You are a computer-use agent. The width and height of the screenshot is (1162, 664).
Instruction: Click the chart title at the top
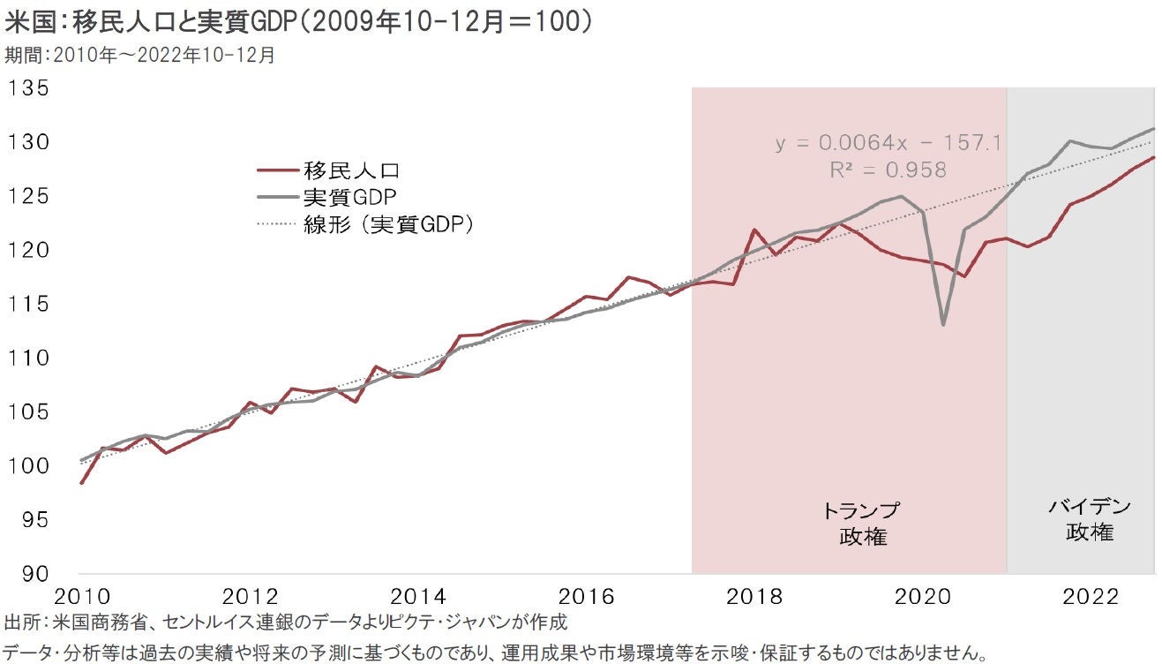point(299,21)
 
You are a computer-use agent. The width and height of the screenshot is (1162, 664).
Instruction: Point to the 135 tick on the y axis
point(29,89)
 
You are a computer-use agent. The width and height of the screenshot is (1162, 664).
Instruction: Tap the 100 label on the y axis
point(29,465)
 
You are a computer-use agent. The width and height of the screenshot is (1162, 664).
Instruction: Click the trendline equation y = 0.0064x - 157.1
point(888,143)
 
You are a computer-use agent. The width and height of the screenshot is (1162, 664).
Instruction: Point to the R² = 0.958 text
point(888,170)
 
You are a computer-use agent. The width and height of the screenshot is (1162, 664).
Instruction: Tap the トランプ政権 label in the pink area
point(862,524)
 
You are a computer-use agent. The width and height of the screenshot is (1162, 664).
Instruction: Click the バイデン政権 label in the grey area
point(1090,519)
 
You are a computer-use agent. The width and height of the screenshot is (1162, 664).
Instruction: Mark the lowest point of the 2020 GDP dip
point(943,325)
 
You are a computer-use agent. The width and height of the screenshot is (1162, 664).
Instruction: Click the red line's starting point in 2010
point(81,483)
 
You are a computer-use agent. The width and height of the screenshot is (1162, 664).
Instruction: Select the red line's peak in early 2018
point(754,230)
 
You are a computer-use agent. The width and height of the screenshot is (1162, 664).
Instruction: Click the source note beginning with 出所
point(285,622)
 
